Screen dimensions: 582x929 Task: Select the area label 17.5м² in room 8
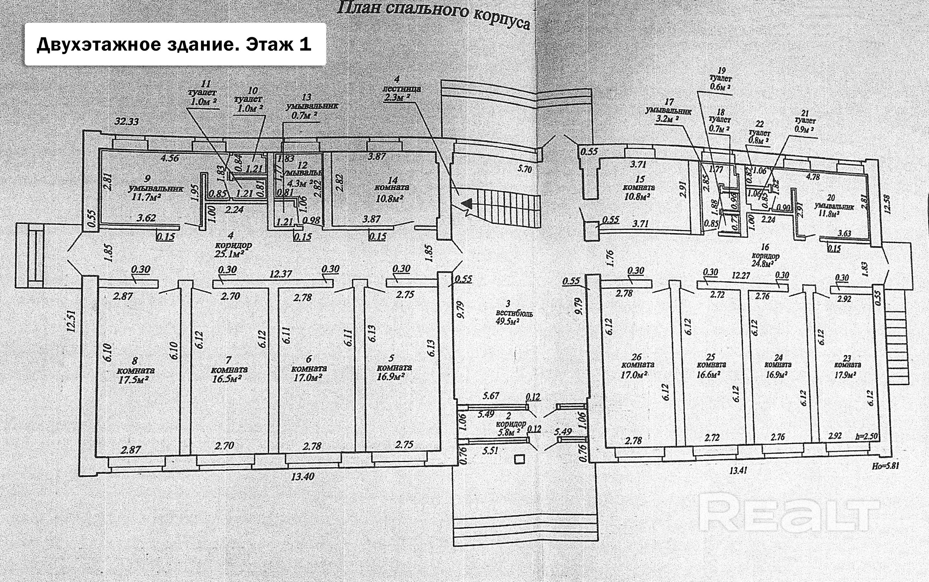134,380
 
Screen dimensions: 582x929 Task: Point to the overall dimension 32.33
126,122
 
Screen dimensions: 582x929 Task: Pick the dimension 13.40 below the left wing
302,476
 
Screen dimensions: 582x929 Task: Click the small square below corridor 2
519,459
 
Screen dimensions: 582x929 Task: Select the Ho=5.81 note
885,465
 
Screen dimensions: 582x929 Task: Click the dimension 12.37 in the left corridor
281,274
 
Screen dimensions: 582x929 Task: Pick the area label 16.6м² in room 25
708,374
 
